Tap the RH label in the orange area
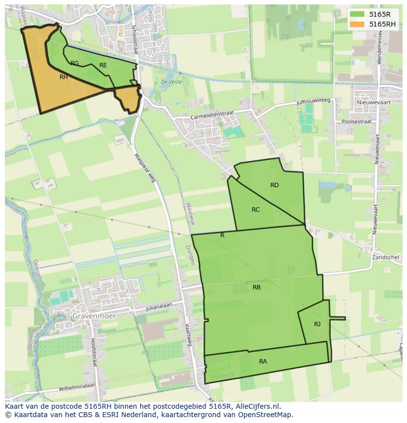[63, 77]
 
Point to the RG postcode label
[74, 63]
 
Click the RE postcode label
[103, 65]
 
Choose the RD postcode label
[274, 185]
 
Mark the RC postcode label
[256, 210]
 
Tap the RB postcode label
[257, 287]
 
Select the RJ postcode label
[317, 324]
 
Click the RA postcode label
[263, 362]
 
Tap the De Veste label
[172, 82]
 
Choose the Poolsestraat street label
[359, 120]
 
